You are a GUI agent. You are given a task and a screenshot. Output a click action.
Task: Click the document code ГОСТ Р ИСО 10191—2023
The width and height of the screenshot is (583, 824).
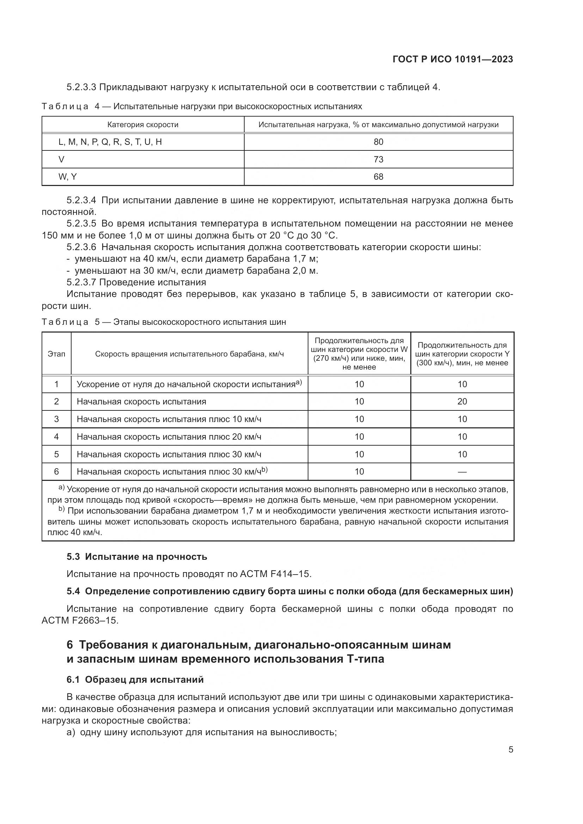tap(453, 59)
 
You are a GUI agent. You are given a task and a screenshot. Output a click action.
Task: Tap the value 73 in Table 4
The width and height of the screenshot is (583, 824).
tap(378, 159)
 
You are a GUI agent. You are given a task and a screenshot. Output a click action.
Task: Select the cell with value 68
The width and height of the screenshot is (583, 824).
tap(378, 177)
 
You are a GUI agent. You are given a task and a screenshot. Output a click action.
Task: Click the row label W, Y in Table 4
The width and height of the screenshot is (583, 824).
tap(67, 177)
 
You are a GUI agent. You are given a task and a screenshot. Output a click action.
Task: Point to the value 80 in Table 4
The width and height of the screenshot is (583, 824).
tap(378, 142)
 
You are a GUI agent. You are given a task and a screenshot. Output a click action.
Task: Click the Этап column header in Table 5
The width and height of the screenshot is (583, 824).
tap(56, 354)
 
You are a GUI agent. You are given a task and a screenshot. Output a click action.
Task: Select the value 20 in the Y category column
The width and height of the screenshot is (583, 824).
tap(462, 402)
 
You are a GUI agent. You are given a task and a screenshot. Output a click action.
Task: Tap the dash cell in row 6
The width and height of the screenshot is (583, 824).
tap(462, 472)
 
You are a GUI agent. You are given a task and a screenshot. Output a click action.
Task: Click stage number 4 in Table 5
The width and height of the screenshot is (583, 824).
tap(56, 437)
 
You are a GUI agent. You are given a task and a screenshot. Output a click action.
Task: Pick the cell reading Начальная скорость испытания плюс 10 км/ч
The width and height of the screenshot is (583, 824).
tap(169, 419)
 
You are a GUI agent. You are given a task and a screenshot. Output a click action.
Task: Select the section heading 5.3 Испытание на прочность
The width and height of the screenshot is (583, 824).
tap(137, 557)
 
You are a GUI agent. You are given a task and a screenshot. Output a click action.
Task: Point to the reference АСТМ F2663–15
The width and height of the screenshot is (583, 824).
tap(80, 620)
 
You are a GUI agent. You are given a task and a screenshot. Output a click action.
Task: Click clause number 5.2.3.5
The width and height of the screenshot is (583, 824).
tap(81, 224)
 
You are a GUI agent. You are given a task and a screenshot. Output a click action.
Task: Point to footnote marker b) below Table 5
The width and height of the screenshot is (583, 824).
tap(61, 510)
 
